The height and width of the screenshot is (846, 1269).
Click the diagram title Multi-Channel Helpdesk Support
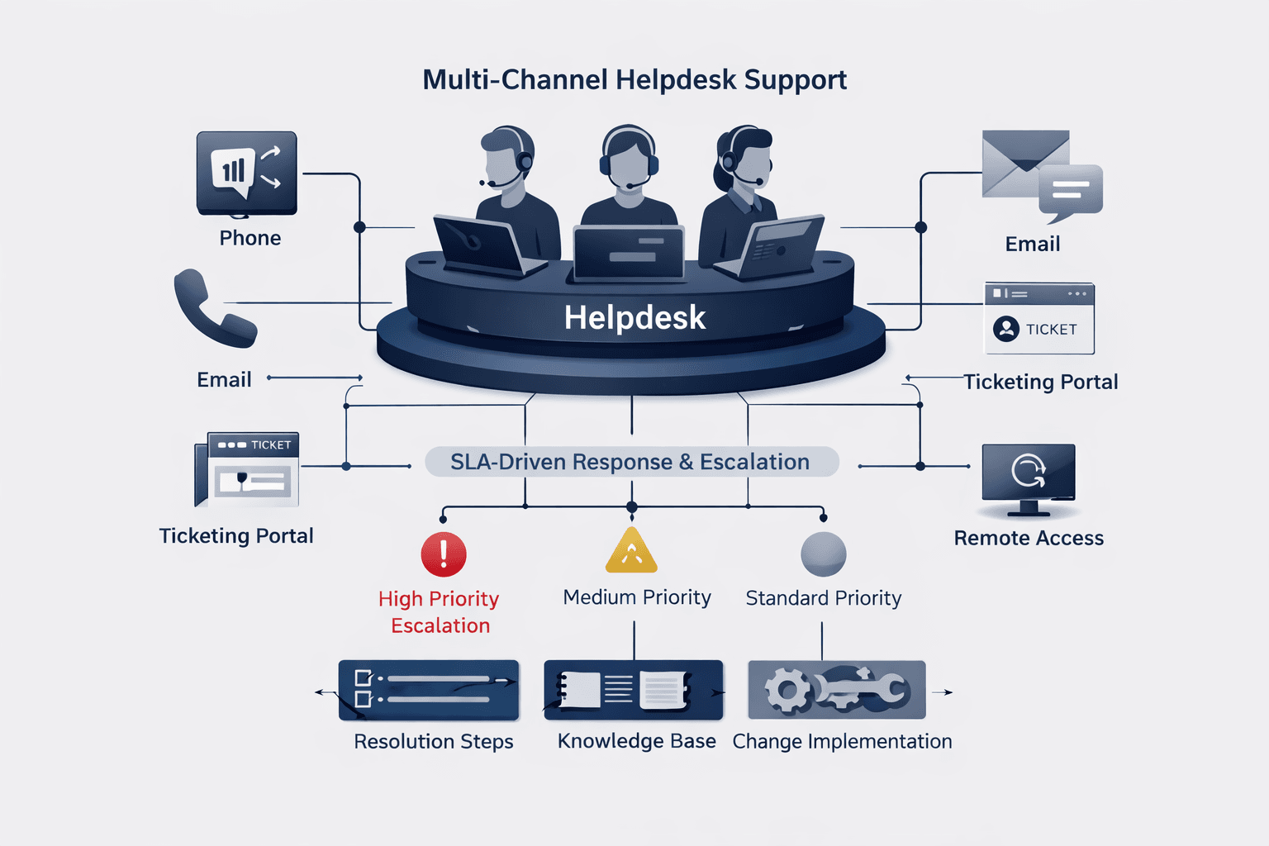click(634, 80)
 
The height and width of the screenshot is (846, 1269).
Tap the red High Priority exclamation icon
click(444, 554)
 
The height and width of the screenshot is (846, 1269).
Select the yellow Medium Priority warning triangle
click(631, 552)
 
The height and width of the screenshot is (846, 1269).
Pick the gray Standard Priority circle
click(823, 554)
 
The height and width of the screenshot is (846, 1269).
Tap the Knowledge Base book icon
click(633, 690)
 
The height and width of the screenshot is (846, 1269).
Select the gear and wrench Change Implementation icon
click(836, 690)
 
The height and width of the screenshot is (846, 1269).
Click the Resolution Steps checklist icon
click(429, 690)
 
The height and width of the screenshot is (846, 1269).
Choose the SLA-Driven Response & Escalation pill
click(631, 462)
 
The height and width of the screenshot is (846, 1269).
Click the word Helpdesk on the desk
click(634, 318)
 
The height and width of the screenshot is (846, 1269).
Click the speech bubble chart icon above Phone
click(246, 173)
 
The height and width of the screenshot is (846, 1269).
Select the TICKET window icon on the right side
click(1039, 319)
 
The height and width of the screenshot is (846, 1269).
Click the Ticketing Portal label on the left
click(236, 536)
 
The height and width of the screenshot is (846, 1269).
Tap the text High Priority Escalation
click(439, 611)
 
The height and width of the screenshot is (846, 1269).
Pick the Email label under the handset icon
click(224, 380)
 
